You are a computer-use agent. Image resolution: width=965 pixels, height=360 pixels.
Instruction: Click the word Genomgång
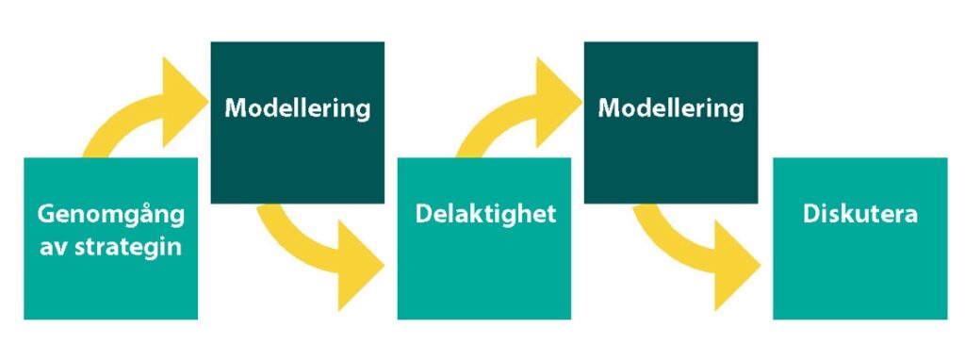point(111,216)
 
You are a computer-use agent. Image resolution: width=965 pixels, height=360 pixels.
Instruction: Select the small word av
point(54,248)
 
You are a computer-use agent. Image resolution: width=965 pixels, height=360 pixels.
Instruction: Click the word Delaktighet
point(485,214)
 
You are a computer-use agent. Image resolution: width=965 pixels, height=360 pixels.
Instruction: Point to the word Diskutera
point(860,214)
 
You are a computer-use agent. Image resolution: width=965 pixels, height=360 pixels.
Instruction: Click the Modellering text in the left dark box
point(298,108)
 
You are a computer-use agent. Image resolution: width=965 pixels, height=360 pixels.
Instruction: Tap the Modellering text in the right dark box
point(671,108)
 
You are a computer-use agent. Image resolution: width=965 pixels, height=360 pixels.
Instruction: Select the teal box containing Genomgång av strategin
point(111,238)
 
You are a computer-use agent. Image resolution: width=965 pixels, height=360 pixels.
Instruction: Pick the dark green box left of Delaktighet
point(298,123)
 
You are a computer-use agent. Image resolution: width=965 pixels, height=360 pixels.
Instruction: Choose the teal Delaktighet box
point(484,238)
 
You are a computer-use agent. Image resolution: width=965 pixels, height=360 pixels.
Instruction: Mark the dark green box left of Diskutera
point(671,123)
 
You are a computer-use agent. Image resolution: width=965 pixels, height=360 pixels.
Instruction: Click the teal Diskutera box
point(860,238)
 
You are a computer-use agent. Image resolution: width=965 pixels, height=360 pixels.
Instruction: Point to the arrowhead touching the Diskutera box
point(735,266)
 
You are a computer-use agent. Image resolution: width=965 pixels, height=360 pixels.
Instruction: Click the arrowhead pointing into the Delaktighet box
point(360,266)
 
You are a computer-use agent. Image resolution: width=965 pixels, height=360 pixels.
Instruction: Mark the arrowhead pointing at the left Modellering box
point(184,101)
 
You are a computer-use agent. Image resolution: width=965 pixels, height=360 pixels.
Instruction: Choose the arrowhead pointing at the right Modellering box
point(557,101)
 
